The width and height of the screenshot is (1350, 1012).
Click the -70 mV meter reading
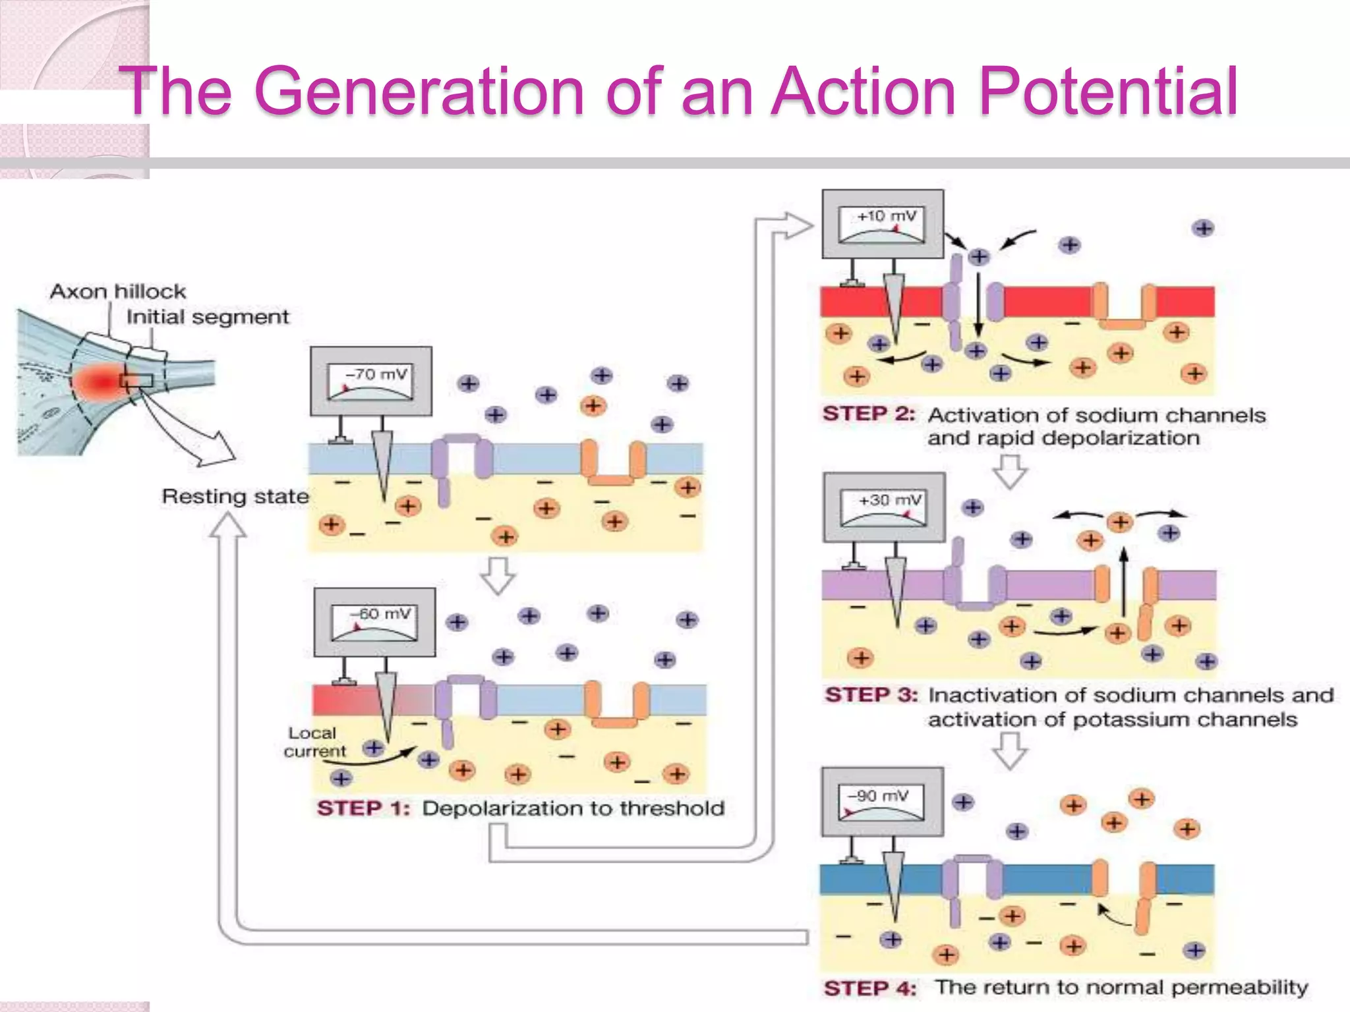point(377,374)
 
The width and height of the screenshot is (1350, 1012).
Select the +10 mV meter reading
point(887,216)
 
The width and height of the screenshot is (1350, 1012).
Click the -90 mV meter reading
point(880,796)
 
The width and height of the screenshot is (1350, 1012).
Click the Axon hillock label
point(118,291)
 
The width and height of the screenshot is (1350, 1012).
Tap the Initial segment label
point(208,317)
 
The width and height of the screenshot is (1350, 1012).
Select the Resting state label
point(235,496)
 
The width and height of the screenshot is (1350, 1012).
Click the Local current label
point(313,742)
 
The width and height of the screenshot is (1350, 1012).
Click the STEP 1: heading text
point(363,808)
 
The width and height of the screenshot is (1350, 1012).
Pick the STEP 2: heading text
point(869,414)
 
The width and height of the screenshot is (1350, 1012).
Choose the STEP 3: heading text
point(871,695)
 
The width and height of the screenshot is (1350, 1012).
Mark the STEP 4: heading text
point(870,988)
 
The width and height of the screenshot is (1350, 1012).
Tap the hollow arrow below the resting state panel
point(498,575)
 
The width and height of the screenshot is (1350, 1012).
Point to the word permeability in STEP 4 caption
point(1239,988)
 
